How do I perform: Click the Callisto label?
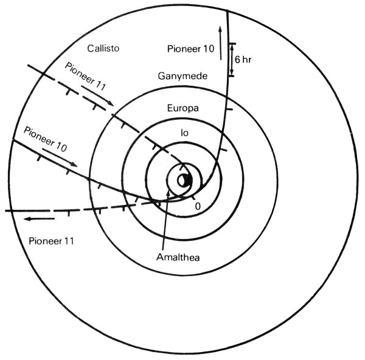pyautogui.click(x=102, y=47)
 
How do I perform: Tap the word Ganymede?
pyautogui.click(x=181, y=77)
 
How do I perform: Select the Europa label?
pyautogui.click(x=183, y=108)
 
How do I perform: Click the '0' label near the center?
pyautogui.click(x=197, y=206)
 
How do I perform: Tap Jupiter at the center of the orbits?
pyautogui.click(x=184, y=181)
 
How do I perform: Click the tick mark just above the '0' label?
pyautogui.click(x=193, y=196)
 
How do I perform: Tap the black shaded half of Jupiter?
pyautogui.click(x=189, y=181)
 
